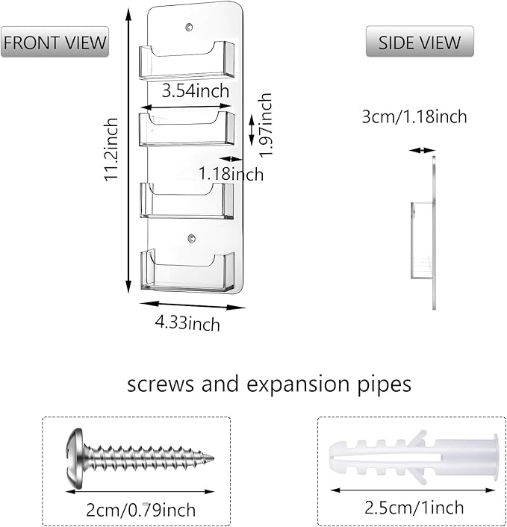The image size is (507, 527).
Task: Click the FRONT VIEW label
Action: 55,42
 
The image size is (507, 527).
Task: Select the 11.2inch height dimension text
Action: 112,149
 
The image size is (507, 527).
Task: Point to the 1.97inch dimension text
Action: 264,124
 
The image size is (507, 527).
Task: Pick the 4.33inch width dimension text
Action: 189,323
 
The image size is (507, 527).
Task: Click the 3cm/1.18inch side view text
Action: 414,116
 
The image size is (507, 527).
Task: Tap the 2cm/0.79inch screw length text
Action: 141,510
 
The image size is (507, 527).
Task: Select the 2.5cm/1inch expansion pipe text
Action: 413,508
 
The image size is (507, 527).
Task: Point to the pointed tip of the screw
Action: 211,457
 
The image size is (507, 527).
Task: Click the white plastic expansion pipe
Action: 412,456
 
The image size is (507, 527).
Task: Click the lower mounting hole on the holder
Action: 190,240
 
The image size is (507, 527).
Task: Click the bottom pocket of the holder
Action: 187,272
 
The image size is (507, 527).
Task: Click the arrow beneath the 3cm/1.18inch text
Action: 421,150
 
